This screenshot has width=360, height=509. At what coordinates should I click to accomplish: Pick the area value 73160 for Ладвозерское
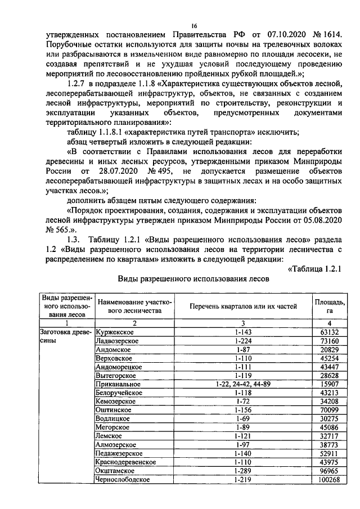coord(329,341)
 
